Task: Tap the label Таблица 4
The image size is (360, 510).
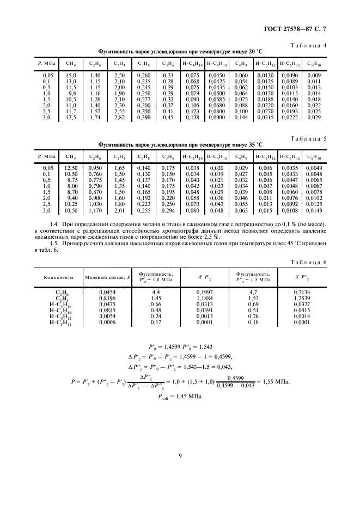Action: pos(307,46)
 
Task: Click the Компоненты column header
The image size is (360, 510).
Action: pos(59,277)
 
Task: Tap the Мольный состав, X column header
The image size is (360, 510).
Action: pos(108,277)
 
